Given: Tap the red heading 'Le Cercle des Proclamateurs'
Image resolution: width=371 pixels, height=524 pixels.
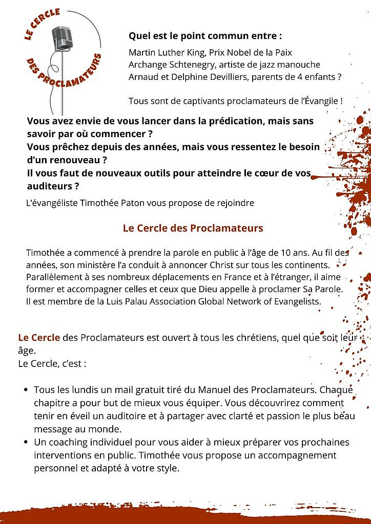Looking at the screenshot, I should point(193,228).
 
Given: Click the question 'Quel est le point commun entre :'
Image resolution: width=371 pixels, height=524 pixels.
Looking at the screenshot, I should point(205,36).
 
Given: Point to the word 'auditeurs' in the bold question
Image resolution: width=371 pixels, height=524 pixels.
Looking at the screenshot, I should point(48,186).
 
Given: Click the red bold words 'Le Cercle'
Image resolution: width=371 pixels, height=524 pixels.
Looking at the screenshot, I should point(39,338).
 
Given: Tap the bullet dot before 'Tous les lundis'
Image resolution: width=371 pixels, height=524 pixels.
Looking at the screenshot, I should point(26,390).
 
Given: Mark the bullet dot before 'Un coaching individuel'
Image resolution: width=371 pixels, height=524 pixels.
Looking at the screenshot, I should point(26,442).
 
